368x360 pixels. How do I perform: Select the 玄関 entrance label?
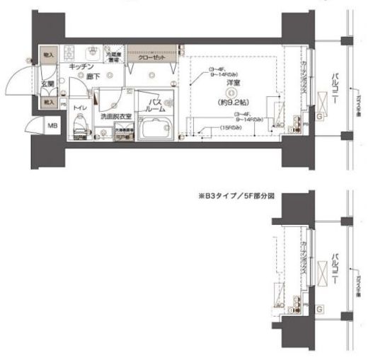(47, 84)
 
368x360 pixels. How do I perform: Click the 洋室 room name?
(231, 83)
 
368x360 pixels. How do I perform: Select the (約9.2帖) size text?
(231, 101)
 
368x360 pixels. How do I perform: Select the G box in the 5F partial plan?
(320, 309)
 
